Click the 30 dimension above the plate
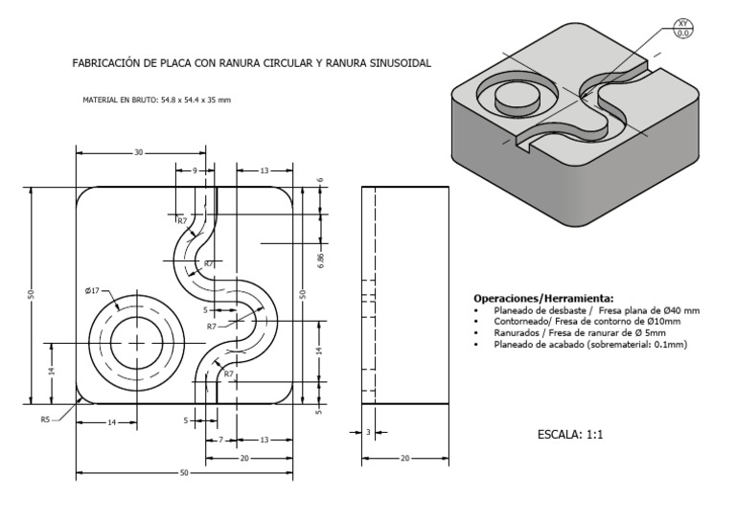click(x=138, y=152)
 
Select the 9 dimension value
click(x=195, y=170)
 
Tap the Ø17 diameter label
click(x=92, y=291)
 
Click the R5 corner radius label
click(x=45, y=419)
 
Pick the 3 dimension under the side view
click(x=368, y=433)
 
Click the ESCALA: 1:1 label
click(x=570, y=434)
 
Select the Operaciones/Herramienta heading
click(x=543, y=297)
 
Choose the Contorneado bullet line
click(x=586, y=322)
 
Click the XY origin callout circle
click(x=683, y=28)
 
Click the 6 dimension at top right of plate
click(x=322, y=179)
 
